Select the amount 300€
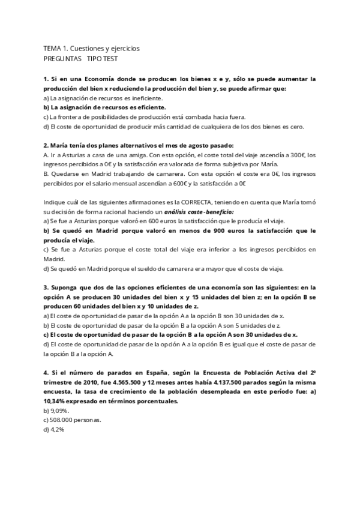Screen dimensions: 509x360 pos(293,155)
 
